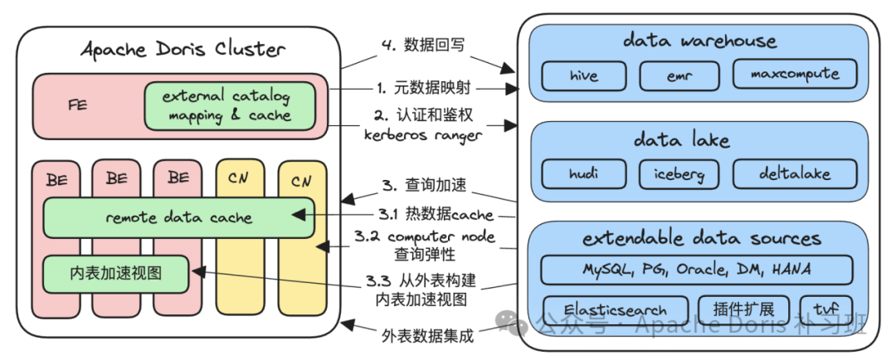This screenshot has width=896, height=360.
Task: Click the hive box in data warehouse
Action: point(583,75)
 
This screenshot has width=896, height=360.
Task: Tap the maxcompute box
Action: point(795,75)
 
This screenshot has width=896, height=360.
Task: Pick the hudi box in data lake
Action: point(583,173)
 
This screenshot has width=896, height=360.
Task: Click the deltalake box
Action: point(795,173)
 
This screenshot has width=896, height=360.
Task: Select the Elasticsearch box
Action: point(616,310)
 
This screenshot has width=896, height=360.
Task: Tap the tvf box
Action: point(826,310)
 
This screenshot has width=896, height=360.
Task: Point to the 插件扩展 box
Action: point(743,310)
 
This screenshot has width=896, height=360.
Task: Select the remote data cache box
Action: point(179,217)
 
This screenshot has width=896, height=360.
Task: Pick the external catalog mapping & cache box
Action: point(230,106)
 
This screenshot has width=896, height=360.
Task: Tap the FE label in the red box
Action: point(78,105)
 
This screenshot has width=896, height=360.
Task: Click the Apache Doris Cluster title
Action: point(183,49)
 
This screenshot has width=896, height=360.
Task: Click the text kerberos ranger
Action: point(421,137)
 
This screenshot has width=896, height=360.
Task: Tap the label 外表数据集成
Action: point(427,336)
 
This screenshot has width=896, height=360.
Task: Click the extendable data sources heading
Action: point(702,238)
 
